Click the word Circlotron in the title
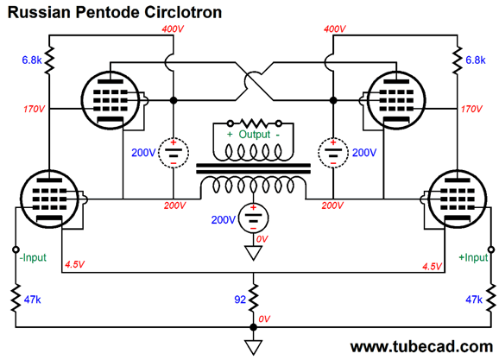(183, 12)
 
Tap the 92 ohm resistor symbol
(253, 299)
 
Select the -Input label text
(33, 257)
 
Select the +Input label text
(473, 257)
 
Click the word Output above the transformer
(255, 135)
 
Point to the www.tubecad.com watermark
(421, 347)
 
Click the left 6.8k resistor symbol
(49, 60)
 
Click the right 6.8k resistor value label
(476, 60)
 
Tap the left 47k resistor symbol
(16, 299)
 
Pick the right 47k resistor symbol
(491, 299)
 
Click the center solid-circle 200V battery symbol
(253, 218)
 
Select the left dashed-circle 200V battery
(174, 153)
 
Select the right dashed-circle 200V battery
(333, 153)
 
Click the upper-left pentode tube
(111, 100)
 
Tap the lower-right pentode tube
(457, 199)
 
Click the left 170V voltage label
(34, 109)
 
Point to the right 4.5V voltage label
(432, 266)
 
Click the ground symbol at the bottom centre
(253, 347)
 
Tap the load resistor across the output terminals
(254, 123)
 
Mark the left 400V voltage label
(173, 29)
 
